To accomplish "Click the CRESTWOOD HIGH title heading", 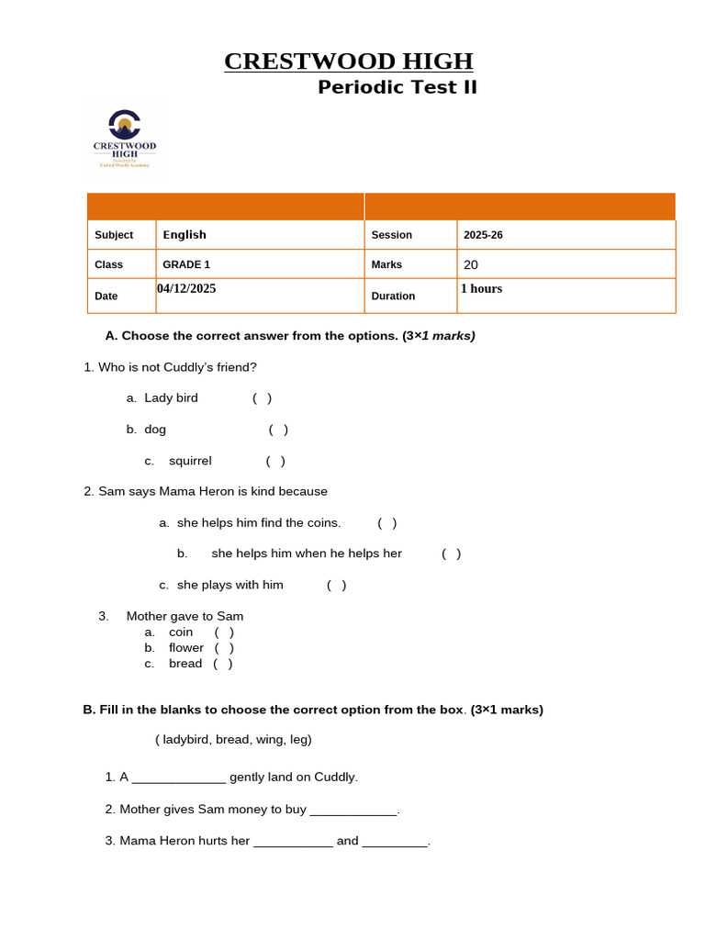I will [x=349, y=62].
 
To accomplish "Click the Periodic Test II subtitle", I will [x=397, y=87].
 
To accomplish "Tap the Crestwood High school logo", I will [x=125, y=139].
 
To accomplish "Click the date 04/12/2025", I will [x=186, y=288].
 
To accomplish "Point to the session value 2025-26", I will [x=483, y=235].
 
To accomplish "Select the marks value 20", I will [x=471, y=264].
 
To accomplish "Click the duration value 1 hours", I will [x=481, y=288].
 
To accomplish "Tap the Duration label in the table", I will [x=393, y=297].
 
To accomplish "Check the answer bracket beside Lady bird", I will [x=263, y=398].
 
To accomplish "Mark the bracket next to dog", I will [x=278, y=430].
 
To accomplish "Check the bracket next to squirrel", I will [x=275, y=461].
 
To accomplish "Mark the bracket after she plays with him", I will [x=337, y=585].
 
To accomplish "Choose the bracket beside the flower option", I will [x=225, y=648].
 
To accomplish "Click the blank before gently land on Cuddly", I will [x=179, y=778].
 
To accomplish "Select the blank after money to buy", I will [x=353, y=811].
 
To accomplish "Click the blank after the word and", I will [x=395, y=842].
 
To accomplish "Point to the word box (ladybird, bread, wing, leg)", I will [x=233, y=739].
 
